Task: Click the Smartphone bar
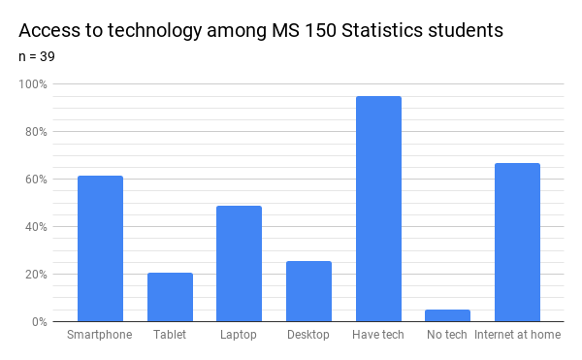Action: coord(100,248)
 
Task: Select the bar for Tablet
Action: coord(170,297)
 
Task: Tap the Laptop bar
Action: coord(239,263)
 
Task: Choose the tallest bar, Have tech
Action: coord(378,209)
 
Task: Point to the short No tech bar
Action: coord(447,315)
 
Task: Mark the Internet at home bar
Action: coord(517,243)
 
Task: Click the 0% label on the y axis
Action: coord(39,322)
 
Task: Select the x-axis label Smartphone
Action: coord(100,336)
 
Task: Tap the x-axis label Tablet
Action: coord(170,336)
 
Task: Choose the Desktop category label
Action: coord(308,336)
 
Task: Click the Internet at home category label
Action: coord(517,336)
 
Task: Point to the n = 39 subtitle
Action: coord(37,56)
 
